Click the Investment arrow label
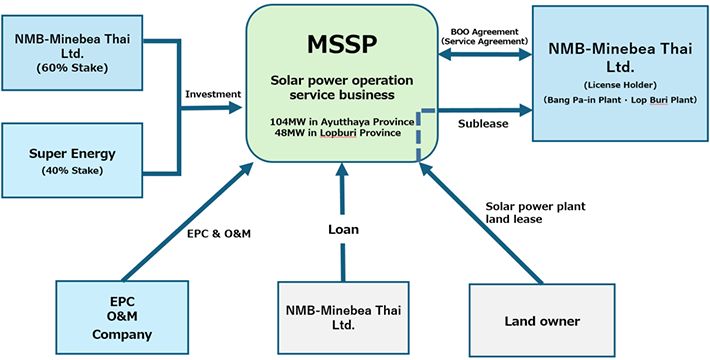tap(213, 94)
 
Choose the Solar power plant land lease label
tap(529, 212)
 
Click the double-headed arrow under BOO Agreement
tap(484, 55)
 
